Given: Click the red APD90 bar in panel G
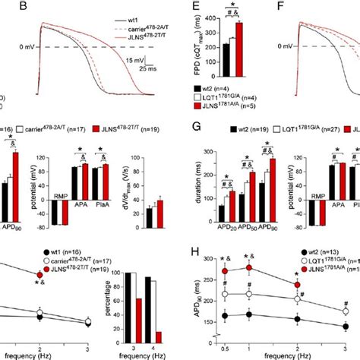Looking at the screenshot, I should (x=271, y=182).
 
